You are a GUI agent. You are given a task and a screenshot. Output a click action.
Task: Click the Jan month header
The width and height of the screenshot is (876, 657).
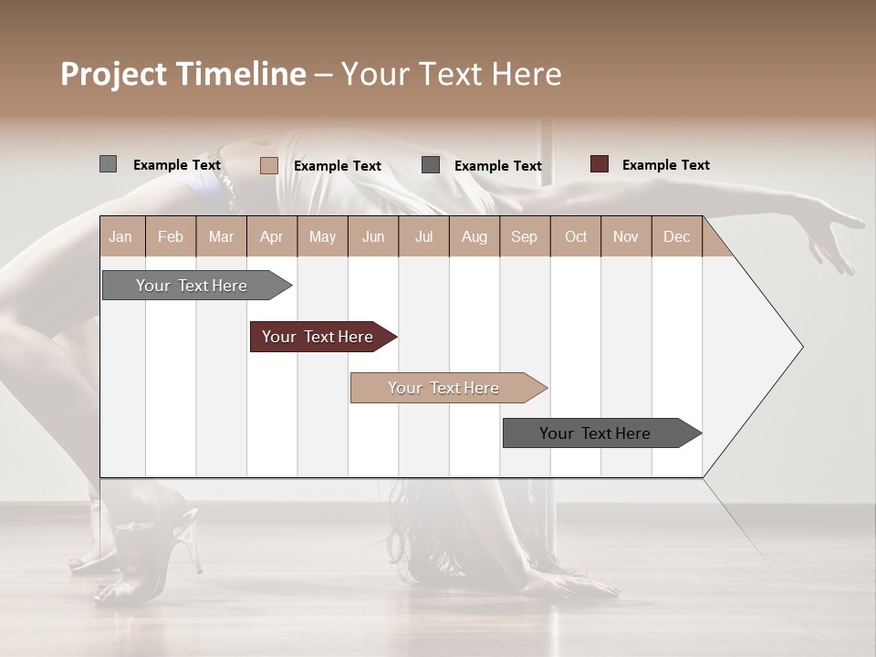pos(120,237)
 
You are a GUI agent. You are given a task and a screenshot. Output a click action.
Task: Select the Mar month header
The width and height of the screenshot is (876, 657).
pos(221,237)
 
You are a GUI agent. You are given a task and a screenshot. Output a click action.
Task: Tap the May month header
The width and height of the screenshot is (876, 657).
pos(322,237)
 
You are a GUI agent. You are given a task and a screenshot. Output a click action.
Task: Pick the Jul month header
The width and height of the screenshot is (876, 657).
pos(423,237)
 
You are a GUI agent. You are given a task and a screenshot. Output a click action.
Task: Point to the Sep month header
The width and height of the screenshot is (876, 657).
pos(524,237)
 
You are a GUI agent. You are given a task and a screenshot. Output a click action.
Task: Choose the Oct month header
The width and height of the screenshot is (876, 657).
pos(576,237)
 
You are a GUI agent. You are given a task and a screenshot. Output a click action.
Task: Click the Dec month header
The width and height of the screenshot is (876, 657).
pos(676,237)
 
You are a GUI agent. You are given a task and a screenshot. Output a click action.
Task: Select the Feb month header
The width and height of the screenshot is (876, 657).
pos(171,237)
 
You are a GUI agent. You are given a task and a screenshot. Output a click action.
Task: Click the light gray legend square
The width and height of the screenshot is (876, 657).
pos(108,164)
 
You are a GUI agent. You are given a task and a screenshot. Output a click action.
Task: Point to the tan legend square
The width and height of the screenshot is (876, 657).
pos(268,165)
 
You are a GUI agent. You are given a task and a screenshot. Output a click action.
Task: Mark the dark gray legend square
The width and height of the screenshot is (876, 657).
pos(431,164)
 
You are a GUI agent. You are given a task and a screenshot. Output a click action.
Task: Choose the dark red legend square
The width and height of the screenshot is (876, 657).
pos(599,164)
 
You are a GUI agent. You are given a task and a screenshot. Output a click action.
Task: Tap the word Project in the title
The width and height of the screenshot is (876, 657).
pos(113,75)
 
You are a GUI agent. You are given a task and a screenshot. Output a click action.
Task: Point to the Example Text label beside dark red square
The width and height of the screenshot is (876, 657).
pos(665,165)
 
